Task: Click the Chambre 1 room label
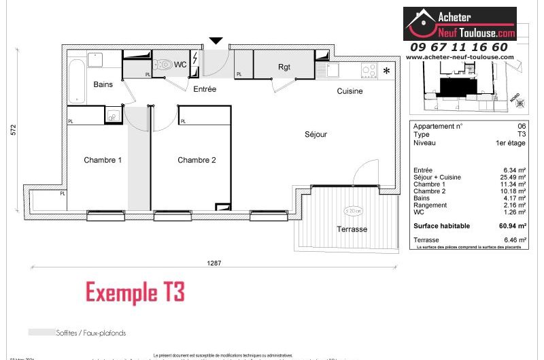pos(103,161)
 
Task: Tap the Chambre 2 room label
pos(197,161)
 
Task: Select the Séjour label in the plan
pos(316,135)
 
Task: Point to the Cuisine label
pos(350,91)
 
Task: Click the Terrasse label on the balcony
pos(352,229)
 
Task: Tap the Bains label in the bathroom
pos(103,84)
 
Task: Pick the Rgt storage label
pos(284,67)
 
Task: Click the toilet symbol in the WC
pos(163,65)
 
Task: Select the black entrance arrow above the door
pos(216,41)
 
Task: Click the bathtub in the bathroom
pos(77,81)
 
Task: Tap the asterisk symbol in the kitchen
pos(387,70)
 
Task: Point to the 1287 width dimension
pos(215,263)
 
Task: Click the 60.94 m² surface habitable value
pos(513,226)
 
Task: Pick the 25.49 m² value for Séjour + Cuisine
pos(513,177)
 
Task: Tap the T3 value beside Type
pos(521,135)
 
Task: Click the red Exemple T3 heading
pos(135,293)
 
